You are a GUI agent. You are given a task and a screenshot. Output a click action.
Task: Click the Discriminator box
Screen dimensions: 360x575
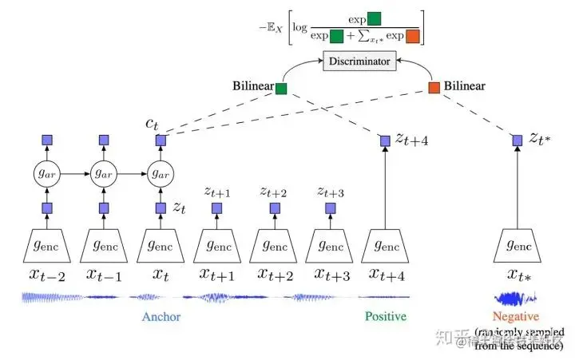[x=359, y=61]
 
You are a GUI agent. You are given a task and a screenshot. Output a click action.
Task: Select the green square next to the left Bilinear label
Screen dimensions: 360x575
[x=281, y=88]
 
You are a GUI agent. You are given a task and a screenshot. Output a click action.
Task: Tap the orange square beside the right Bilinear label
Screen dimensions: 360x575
[x=434, y=88]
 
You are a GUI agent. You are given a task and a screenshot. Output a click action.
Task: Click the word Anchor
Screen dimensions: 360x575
[x=161, y=317]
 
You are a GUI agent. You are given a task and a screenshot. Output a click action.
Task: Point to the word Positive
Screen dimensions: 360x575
[x=385, y=317]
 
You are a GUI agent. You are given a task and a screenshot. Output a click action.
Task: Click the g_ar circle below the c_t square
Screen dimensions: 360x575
[x=160, y=173]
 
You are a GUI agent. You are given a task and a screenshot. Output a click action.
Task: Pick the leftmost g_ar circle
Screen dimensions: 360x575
[x=46, y=173]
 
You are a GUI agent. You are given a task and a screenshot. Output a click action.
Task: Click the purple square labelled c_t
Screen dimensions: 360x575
[x=160, y=140]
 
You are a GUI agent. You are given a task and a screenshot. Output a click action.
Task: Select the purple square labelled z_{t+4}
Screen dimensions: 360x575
[x=385, y=140]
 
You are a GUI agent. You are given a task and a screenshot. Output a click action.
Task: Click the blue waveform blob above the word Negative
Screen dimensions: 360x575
[x=512, y=299]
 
